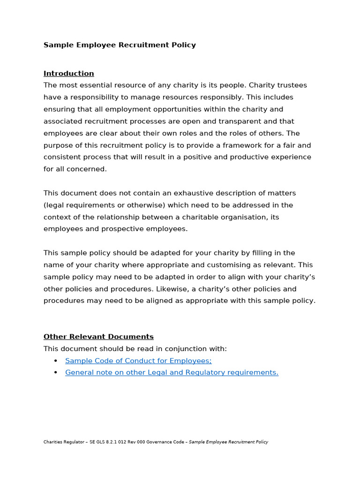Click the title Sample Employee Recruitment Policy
pos(120,45)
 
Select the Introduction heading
pos(68,73)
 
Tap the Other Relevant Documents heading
pos(98,337)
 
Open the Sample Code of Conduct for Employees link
pos(138,360)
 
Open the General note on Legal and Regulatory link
pos(172,372)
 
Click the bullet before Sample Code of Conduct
pos(56,360)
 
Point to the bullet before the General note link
pos(56,372)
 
